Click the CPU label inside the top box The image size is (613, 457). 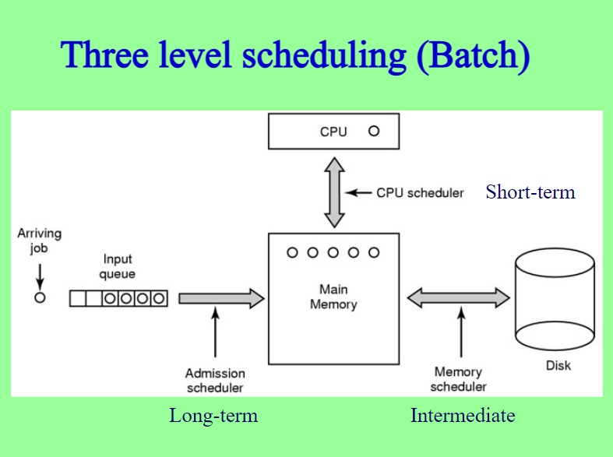pyautogui.click(x=333, y=132)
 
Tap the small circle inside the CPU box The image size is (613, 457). pyautogui.click(x=374, y=132)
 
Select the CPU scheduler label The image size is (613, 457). pyautogui.click(x=420, y=193)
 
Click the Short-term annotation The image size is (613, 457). pyautogui.click(x=530, y=192)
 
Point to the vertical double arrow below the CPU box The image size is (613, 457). pyautogui.click(x=334, y=192)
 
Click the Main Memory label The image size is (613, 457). pyautogui.click(x=333, y=297)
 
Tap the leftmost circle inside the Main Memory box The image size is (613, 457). pyautogui.click(x=292, y=253)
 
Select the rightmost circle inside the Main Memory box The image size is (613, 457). pyautogui.click(x=374, y=253)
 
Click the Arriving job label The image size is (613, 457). pyautogui.click(x=39, y=241)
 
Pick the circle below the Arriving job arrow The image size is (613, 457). pyautogui.click(x=40, y=297)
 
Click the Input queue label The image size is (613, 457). pyautogui.click(x=118, y=266)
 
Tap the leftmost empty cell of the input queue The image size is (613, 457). pyautogui.click(x=77, y=298)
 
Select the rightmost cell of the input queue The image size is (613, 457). pyautogui.click(x=159, y=298)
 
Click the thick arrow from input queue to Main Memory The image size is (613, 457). pyautogui.click(x=222, y=299)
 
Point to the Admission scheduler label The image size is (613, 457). pyautogui.click(x=215, y=381)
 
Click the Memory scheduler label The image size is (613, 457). pyautogui.click(x=458, y=379)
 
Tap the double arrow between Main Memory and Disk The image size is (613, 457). pyautogui.click(x=459, y=298)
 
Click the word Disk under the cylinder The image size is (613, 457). pyautogui.click(x=558, y=366)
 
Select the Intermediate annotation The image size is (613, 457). pyautogui.click(x=463, y=415)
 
